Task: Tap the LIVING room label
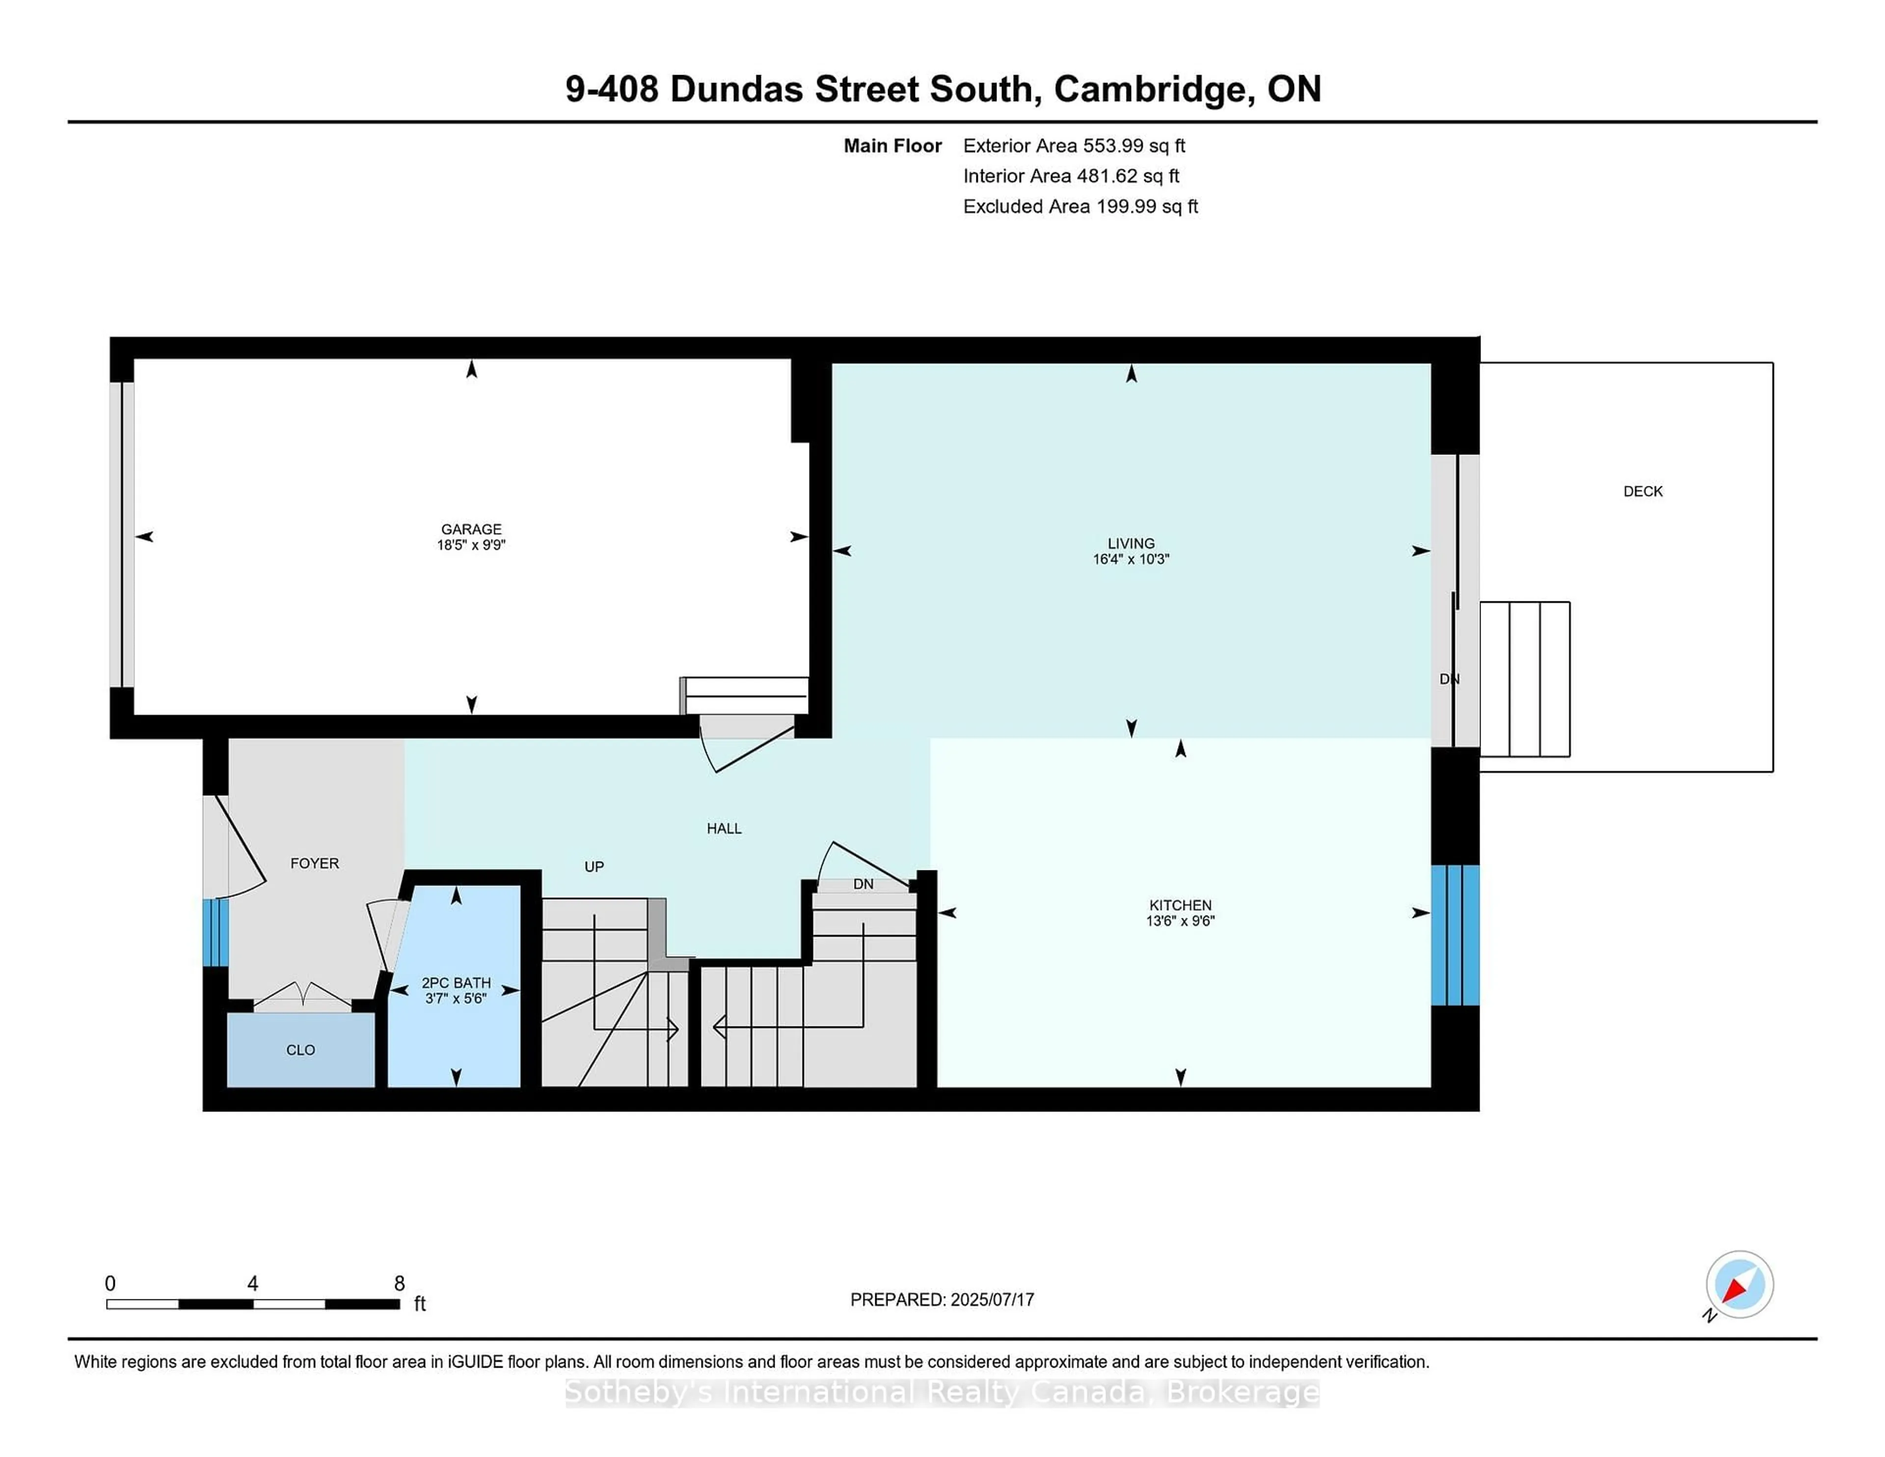pos(1131,543)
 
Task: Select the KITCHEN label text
pos(1180,905)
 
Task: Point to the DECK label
pos(1643,491)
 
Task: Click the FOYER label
pos(314,863)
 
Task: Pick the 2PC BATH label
pos(456,982)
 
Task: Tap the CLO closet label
pos(300,1050)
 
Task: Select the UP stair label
pos(594,866)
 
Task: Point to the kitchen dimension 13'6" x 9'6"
pos(1180,921)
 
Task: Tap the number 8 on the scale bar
pos(399,1284)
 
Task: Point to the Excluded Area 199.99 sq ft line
pos(1080,206)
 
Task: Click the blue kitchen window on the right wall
pos(1455,935)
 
